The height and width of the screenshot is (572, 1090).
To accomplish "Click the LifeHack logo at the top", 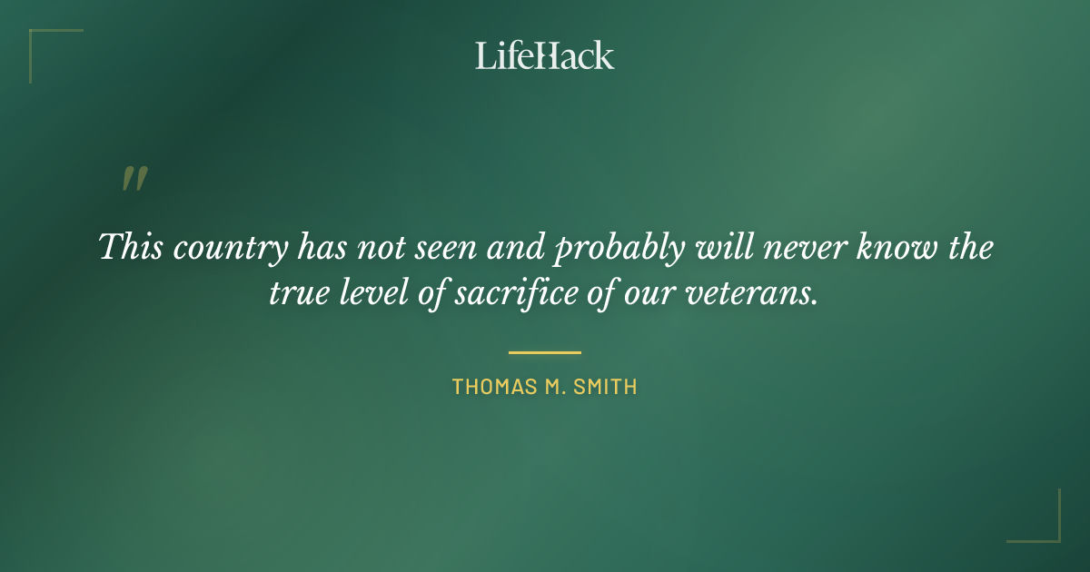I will (544, 55).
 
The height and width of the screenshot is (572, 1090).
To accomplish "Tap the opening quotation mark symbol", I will (134, 179).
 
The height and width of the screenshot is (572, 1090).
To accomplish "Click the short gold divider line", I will (544, 352).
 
